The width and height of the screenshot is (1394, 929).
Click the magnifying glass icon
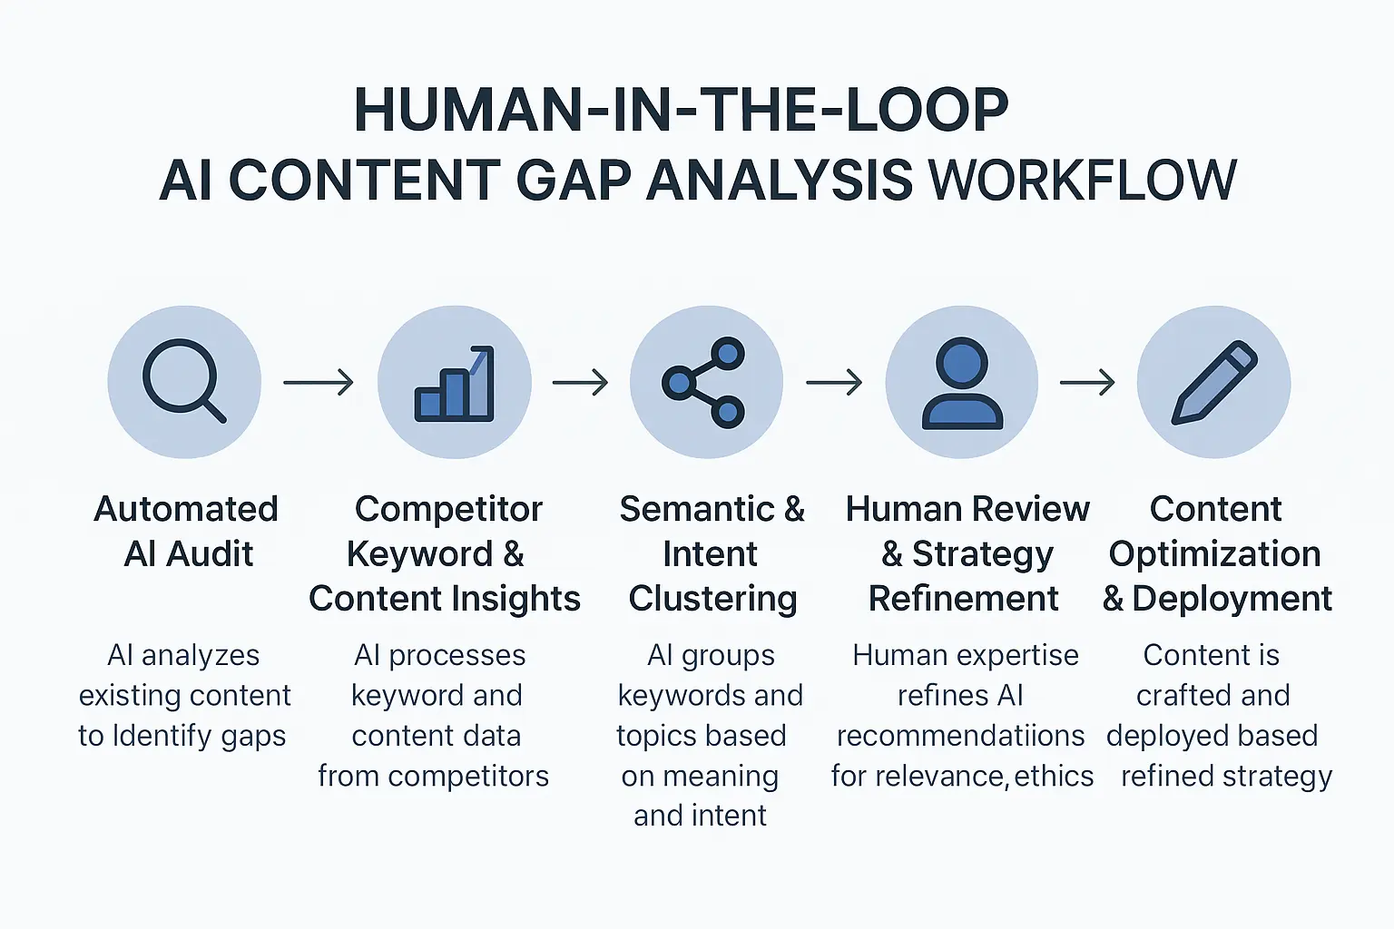(x=184, y=381)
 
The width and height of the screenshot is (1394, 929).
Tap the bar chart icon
(x=454, y=383)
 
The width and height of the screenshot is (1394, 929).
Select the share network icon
(x=705, y=383)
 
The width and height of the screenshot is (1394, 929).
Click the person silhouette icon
(x=962, y=383)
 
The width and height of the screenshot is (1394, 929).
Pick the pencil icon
(x=1214, y=383)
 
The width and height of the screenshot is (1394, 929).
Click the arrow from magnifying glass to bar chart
(x=319, y=383)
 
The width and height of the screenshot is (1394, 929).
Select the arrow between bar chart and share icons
(x=580, y=383)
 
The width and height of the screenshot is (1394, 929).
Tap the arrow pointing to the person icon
(x=834, y=383)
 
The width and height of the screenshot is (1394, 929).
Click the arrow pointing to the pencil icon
(x=1087, y=383)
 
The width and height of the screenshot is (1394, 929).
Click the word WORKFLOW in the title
(x=1083, y=180)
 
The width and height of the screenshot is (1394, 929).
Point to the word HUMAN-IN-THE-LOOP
(x=681, y=111)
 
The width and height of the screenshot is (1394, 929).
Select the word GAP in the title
(x=574, y=180)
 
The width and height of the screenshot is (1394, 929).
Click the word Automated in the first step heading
(x=186, y=509)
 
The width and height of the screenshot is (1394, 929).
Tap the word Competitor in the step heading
(x=448, y=509)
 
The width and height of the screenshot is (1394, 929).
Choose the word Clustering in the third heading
(x=712, y=599)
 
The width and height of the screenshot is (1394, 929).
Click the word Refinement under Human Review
(x=964, y=599)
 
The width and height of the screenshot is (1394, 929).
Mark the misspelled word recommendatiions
(x=960, y=736)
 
